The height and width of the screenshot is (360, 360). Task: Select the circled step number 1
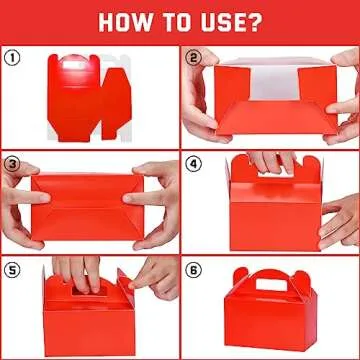tap(12, 57)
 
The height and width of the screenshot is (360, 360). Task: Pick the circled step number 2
tap(193, 57)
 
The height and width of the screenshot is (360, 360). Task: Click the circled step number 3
tap(12, 162)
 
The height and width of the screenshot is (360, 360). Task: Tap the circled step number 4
tap(193, 162)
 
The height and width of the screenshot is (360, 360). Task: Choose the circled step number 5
tap(12, 268)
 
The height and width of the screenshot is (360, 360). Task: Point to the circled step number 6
tap(193, 268)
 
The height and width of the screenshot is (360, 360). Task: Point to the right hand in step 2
tap(340, 100)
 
